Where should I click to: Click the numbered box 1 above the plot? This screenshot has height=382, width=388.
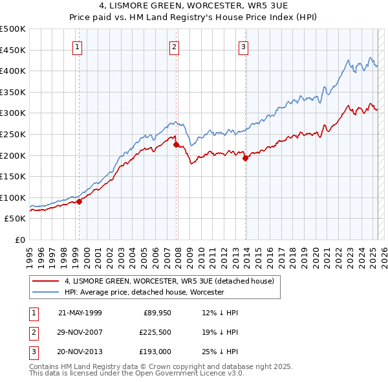point(78,46)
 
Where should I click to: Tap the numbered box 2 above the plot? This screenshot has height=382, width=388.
point(175,46)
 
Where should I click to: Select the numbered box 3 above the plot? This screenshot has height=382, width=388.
point(244,46)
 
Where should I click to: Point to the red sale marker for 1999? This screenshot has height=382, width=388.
point(80,201)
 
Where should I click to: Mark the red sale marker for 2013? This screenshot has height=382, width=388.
point(245,158)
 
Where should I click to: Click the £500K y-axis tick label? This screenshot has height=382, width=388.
point(13,29)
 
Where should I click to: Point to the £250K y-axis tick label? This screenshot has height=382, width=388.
point(13,134)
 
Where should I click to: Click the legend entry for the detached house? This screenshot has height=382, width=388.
point(169,281)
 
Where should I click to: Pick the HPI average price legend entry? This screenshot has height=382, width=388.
point(144,292)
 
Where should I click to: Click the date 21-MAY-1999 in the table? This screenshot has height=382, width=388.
point(80,313)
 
